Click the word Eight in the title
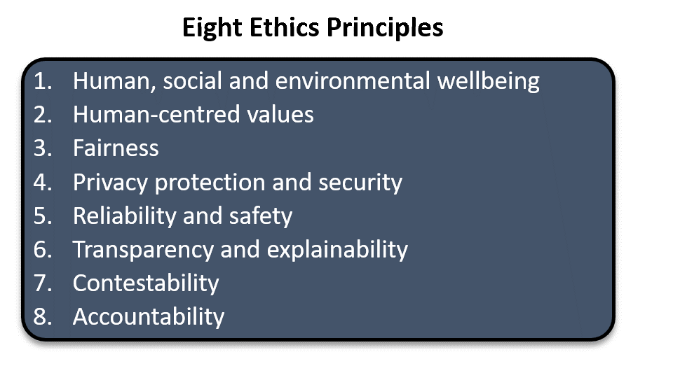212,29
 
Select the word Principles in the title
385,29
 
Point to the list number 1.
43,81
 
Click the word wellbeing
489,82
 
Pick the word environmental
353,81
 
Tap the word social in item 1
192,81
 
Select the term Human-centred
156,115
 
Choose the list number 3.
43,148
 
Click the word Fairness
116,148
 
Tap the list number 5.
43,216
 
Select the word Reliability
125,216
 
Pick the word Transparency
143,251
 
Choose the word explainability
337,251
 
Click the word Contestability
146,283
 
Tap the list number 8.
43,317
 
